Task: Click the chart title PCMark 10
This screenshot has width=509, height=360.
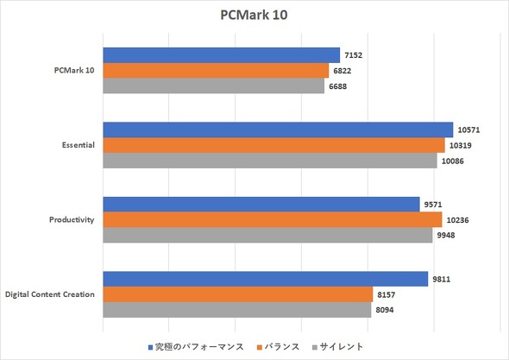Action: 255,16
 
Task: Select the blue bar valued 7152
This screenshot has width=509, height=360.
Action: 221,55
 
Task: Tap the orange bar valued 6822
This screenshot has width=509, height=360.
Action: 216,70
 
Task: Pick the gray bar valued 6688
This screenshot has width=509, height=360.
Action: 213,85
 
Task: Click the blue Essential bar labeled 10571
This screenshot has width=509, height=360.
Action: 278,130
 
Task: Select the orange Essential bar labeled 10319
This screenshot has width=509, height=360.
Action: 273,145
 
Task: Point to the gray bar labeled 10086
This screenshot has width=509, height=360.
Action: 270,161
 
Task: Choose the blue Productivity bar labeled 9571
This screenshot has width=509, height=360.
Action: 261,205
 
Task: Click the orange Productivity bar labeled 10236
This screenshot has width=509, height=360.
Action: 273,219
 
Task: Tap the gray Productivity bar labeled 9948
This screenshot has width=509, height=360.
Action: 267,235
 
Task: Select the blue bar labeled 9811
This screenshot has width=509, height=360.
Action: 265,279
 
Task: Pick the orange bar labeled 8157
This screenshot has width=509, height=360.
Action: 237,294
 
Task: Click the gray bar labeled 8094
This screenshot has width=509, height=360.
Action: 236,309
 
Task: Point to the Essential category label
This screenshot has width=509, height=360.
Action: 72,145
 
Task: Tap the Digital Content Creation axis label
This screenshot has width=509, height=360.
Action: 49,294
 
